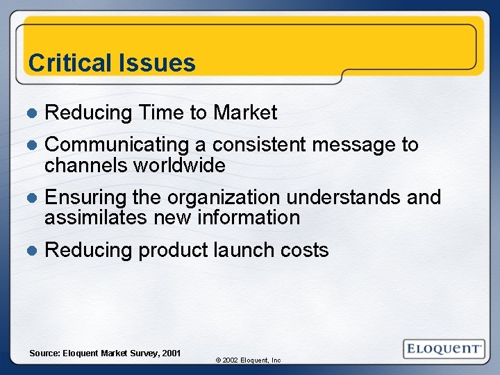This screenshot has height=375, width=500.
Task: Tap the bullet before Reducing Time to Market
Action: [31, 112]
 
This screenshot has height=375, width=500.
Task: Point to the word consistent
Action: [259, 145]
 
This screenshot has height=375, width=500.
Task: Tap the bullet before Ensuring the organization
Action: [31, 198]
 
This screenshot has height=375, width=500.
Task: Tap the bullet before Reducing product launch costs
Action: [31, 251]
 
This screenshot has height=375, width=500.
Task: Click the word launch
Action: [243, 250]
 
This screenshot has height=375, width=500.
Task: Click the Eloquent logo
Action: [444, 349]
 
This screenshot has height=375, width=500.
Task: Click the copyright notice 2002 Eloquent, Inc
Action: [248, 360]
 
